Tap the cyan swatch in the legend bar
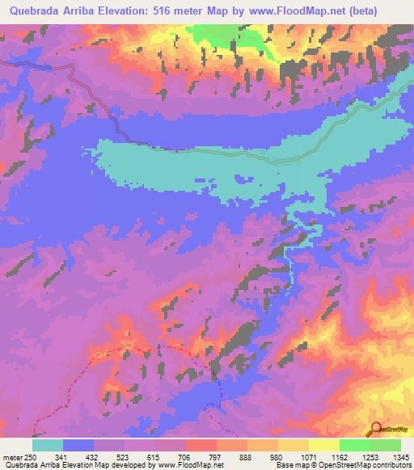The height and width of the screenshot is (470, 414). tap(48, 445)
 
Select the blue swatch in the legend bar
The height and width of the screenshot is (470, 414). tap(78, 445)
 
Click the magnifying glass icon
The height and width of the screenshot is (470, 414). tap(375, 430)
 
